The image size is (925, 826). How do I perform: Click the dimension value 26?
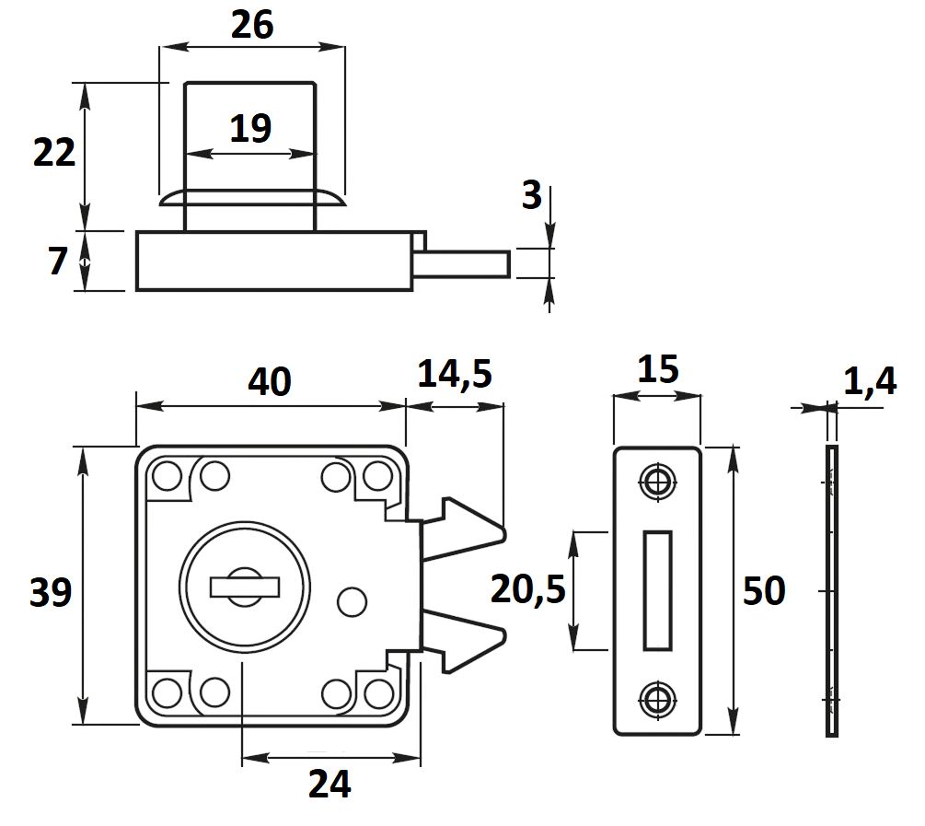[252, 25]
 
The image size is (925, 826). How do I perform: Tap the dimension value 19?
[250, 128]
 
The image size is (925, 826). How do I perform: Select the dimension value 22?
[54, 152]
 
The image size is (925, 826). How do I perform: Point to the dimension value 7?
[58, 261]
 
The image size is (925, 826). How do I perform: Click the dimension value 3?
[531, 195]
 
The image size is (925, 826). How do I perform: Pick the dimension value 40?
[270, 381]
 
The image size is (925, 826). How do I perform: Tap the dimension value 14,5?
[455, 374]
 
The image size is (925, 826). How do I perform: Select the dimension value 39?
[51, 592]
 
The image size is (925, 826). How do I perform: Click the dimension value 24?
[330, 784]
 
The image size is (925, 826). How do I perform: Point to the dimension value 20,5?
[528, 589]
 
